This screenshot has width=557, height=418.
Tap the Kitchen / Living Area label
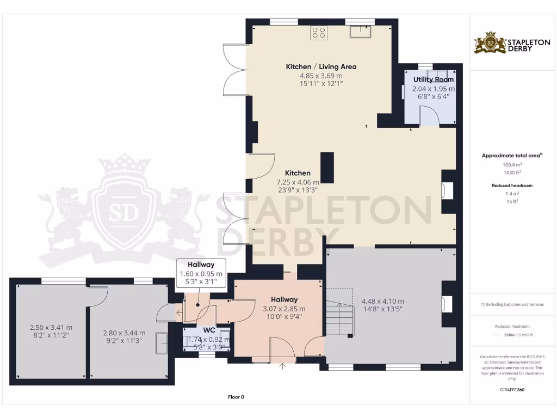pos(321,66)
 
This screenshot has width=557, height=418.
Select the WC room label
pos(209,330)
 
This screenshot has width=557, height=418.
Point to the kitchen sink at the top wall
pos(361,33)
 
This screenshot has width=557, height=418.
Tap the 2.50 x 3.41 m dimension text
pos(51,328)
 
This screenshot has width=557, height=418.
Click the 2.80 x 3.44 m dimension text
pos(124,333)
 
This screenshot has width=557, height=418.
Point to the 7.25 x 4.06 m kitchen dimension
pos(298,182)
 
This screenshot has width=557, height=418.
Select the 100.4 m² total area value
pos(511,164)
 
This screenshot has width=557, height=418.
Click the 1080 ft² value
pos(511,173)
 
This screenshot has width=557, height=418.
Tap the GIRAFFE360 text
pos(511,390)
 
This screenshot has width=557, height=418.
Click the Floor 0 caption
pos(236,397)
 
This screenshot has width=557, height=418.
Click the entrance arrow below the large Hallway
pos(282,366)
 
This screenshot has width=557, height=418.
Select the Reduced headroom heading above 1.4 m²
pos(511,186)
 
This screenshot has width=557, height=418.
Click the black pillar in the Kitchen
pos(327,168)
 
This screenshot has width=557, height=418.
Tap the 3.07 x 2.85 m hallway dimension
pos(284,309)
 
